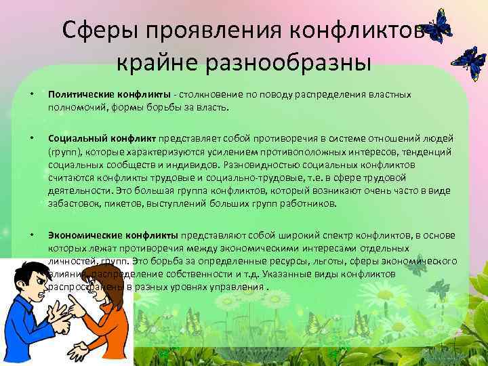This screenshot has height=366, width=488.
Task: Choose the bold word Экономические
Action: click(80, 234)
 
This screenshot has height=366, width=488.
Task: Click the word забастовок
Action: click(73, 202)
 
